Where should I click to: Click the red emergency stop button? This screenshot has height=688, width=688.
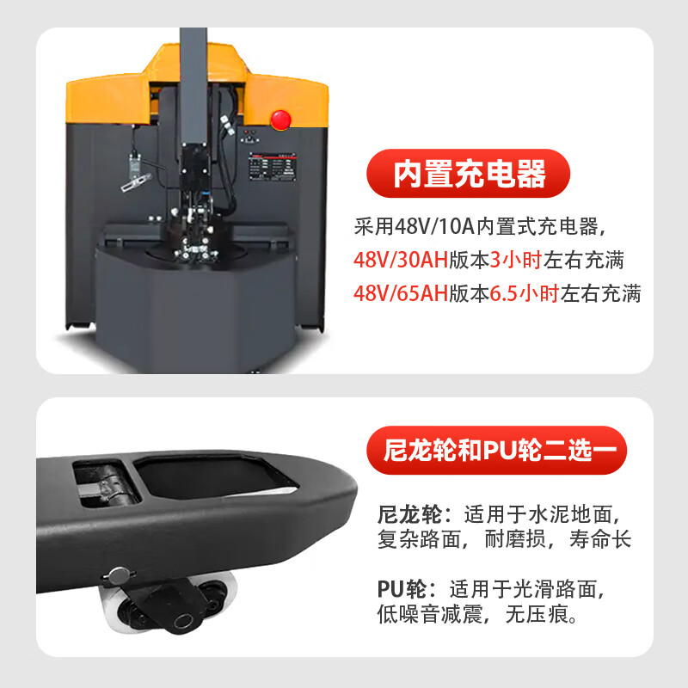click(280, 119)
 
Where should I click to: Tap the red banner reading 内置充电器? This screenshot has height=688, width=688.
click(469, 174)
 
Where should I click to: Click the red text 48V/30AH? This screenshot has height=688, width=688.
click(401, 260)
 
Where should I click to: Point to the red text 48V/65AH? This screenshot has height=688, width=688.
click(401, 293)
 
